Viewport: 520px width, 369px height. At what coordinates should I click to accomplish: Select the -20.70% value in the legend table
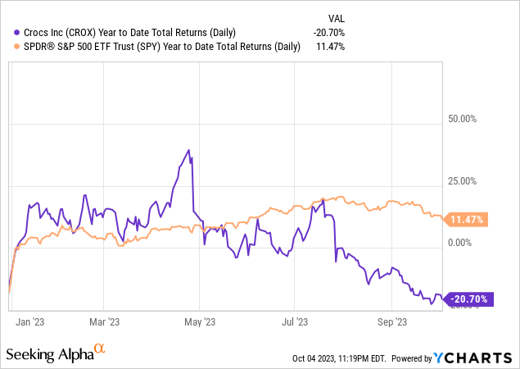pyautogui.click(x=327, y=32)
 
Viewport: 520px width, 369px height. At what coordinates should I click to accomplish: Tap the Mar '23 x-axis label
pyautogui.click(x=105, y=321)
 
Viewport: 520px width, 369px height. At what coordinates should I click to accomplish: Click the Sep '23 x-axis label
pyautogui.click(x=391, y=321)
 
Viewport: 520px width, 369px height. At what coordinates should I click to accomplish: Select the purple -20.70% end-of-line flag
pyautogui.click(x=469, y=299)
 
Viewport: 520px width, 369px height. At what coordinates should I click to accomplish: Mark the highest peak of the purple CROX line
pyautogui.click(x=189, y=150)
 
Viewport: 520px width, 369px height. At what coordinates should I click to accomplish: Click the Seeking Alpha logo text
pyautogui.click(x=48, y=354)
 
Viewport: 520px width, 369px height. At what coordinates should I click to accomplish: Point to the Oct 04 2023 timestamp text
pyautogui.click(x=338, y=358)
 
